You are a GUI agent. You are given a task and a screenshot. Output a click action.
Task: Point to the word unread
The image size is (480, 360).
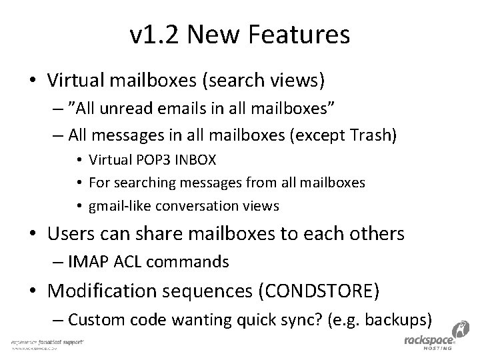[133, 109]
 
